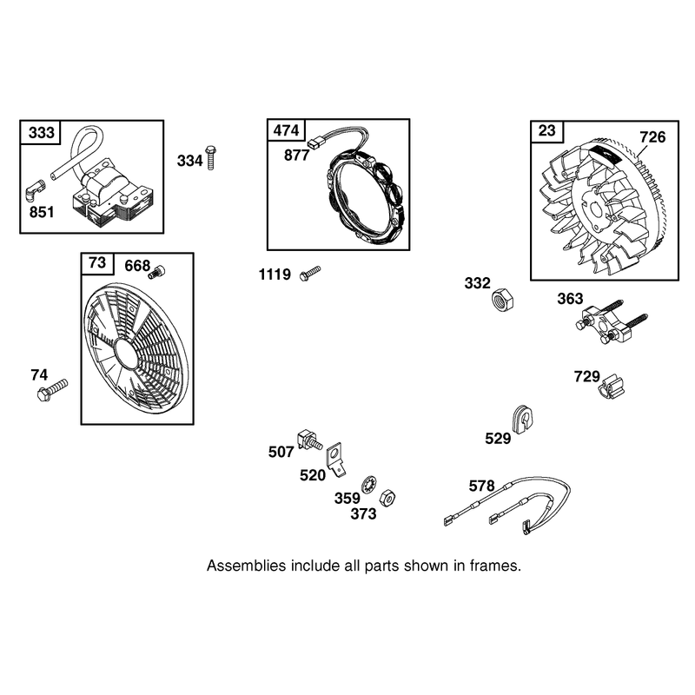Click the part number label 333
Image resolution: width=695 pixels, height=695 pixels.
coord(41,133)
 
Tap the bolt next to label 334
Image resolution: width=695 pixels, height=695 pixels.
coord(211,157)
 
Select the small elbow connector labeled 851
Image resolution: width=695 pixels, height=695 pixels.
coord(35,190)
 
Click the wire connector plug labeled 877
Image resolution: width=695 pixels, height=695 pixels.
coord(314,143)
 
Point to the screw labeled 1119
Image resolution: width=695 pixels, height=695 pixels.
coord(310,273)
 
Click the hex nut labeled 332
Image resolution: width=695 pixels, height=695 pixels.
coord(502,300)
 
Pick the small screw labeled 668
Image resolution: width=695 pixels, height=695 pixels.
coord(157,272)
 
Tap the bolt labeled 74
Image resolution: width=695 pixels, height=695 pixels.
coord(52,390)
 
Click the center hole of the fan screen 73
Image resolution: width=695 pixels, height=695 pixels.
coord(124,354)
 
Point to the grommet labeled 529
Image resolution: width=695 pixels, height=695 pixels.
coord(522,420)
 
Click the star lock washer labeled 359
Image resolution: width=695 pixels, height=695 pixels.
coord(368,485)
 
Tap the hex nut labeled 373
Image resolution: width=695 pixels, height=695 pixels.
coord(387,498)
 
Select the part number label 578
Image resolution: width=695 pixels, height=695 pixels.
coord(481,486)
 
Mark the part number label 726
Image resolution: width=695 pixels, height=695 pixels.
coord(652,137)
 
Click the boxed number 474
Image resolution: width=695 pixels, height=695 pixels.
coord(287,130)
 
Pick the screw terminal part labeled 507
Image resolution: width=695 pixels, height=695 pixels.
coord(309,440)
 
